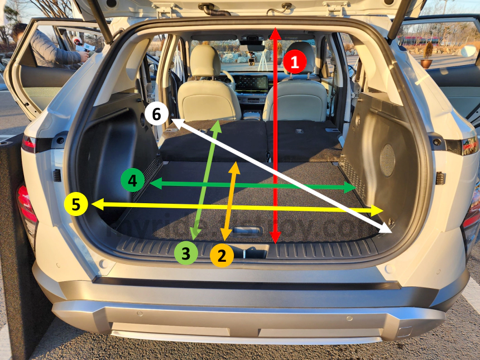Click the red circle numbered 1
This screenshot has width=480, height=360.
click(295, 61)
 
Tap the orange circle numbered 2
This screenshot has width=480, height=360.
click(222, 256)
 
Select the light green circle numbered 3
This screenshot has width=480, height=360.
click(186, 254)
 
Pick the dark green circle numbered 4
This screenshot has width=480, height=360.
click(132, 180)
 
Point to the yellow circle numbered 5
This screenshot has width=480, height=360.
click(76, 204)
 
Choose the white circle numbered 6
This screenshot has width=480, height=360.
click(156, 114)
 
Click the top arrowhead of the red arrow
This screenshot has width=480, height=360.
click(275, 31)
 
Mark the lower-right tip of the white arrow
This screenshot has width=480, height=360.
click(391, 230)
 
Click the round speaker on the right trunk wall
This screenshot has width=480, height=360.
click(387, 160)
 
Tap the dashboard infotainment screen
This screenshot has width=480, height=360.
click(249, 84)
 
